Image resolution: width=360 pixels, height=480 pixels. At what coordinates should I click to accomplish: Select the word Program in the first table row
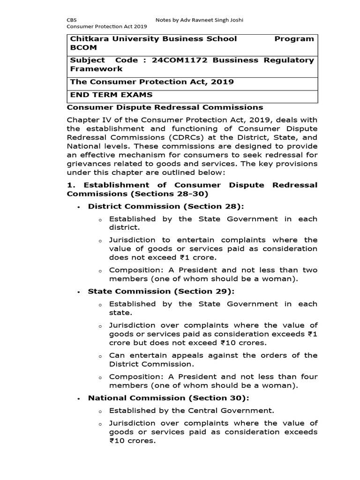tap(294, 39)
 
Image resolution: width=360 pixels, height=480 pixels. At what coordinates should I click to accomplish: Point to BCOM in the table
tap(82, 48)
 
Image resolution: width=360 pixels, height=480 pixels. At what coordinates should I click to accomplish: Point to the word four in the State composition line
tap(309, 377)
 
